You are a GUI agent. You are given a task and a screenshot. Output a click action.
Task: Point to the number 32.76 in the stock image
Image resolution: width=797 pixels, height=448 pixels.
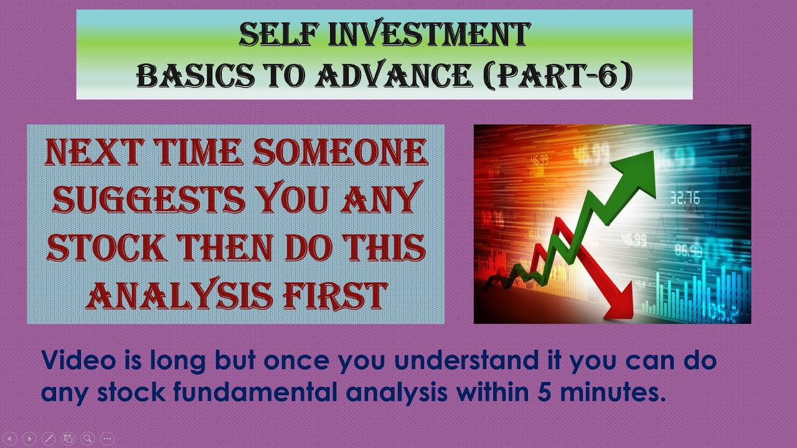click(684, 198)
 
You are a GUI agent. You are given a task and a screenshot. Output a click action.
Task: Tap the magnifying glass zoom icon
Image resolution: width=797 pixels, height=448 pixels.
click(87, 438)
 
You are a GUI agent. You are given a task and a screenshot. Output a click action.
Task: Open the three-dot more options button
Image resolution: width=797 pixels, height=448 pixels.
click(107, 438)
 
